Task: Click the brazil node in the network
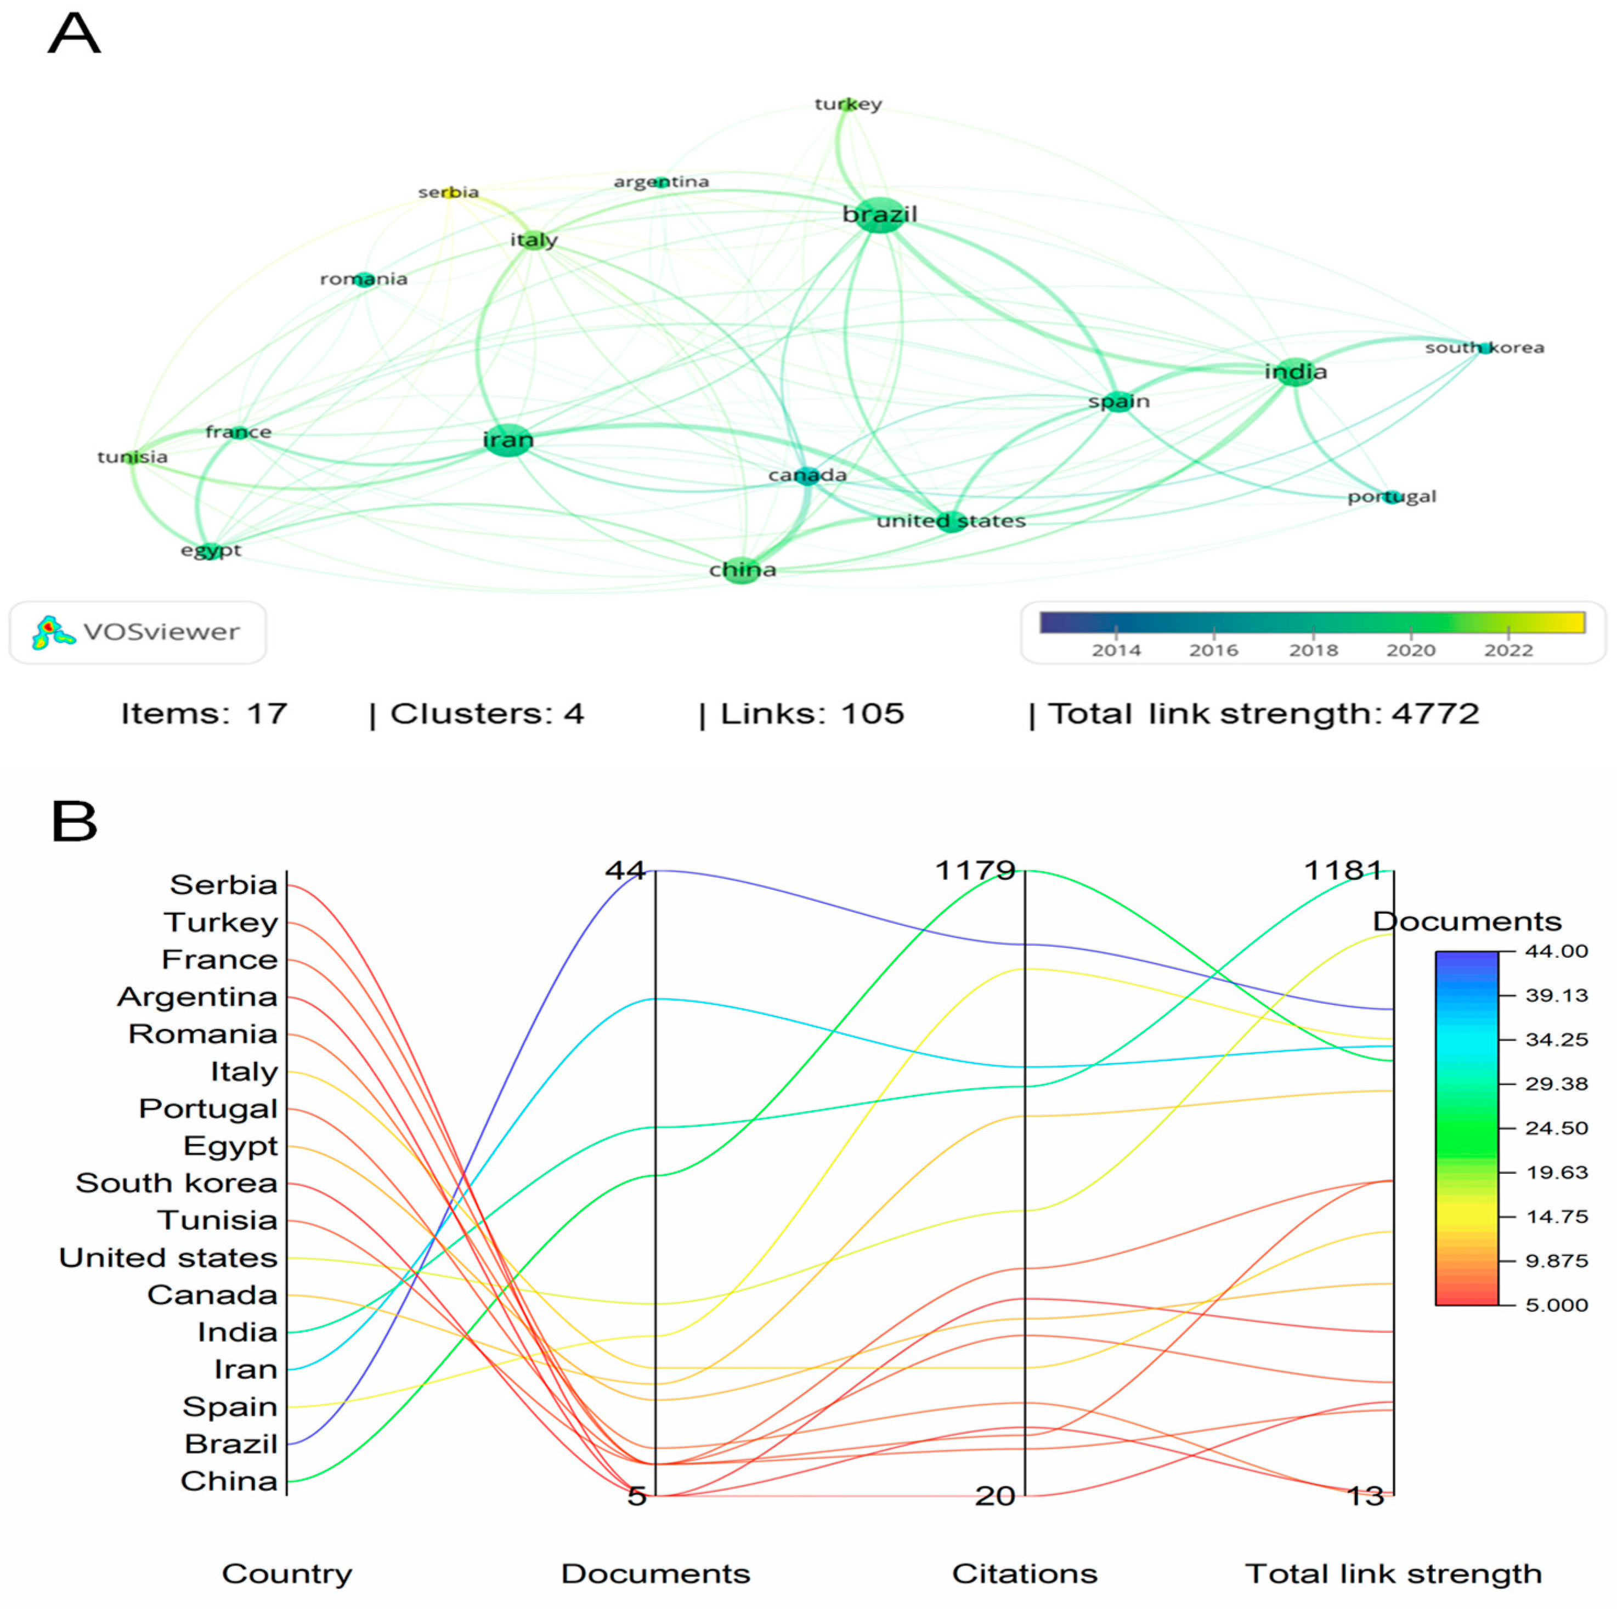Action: coord(879,215)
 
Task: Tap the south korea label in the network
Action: coord(1484,347)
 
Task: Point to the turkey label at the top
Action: coord(848,104)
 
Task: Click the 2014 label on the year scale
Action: coord(1116,650)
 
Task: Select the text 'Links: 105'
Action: coord(812,714)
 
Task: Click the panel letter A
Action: coord(75,35)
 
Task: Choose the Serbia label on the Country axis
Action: coord(223,884)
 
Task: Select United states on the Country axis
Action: coord(168,1258)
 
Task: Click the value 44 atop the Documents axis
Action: coord(625,870)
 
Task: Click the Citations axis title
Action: coord(1025,1574)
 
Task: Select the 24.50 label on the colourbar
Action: coord(1556,1128)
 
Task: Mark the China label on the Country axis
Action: coord(229,1481)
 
